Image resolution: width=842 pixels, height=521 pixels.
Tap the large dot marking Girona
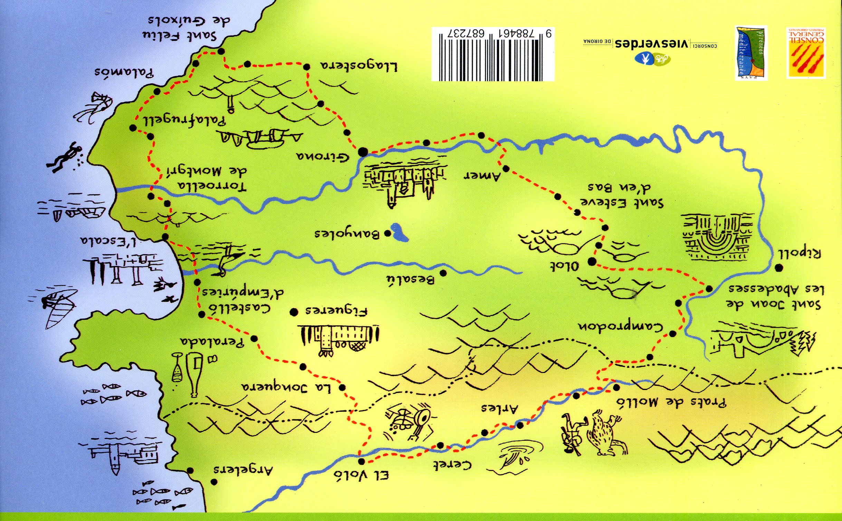coord(363,152)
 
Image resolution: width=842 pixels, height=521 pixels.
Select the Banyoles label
coord(347,234)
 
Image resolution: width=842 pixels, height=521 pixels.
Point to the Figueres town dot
coord(294,313)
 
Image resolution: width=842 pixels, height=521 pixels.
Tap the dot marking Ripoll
coord(779,268)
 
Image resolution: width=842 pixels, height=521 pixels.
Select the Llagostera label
coord(358,66)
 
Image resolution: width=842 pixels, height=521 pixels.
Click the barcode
coord(493,54)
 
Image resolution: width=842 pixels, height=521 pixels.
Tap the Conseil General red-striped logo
coord(806,53)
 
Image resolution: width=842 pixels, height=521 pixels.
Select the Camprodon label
coord(621,327)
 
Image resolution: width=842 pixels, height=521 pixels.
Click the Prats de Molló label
coord(671,402)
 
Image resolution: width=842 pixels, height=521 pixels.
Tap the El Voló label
coord(361,476)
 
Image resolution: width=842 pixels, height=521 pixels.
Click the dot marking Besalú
coord(443,273)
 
